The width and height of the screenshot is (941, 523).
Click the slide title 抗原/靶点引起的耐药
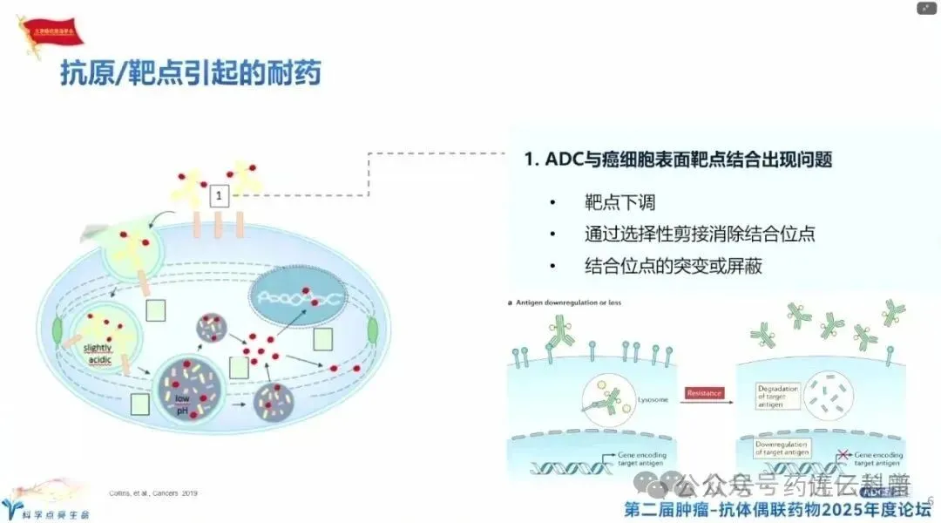click(x=190, y=73)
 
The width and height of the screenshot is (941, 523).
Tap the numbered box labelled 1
click(x=220, y=195)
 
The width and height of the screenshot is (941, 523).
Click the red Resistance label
click(x=704, y=393)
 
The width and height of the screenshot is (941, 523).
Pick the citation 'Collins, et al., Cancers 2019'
click(x=152, y=493)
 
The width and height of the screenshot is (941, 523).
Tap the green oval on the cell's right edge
click(x=372, y=330)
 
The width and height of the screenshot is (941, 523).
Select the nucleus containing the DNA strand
click(x=297, y=296)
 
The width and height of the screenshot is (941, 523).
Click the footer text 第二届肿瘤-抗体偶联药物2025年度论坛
click(x=778, y=508)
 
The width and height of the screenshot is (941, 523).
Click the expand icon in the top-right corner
click(x=926, y=9)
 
